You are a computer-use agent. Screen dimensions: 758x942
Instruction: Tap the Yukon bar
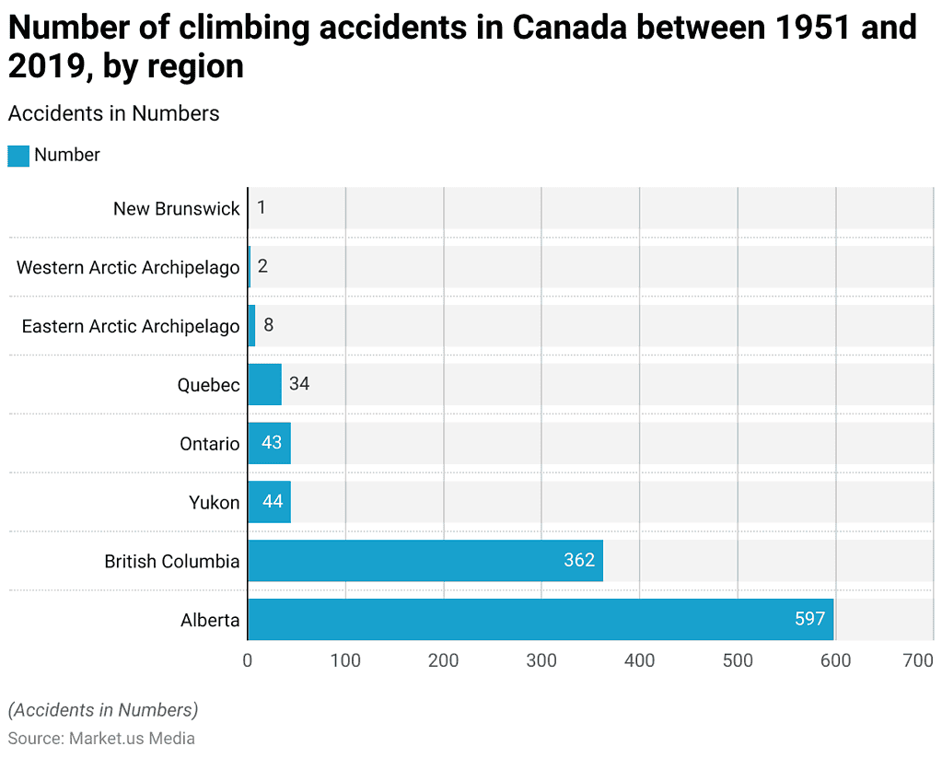(269, 502)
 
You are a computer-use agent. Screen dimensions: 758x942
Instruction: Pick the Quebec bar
(264, 384)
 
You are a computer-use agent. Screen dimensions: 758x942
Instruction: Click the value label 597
(809, 620)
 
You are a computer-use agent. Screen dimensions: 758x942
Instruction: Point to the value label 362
(579, 561)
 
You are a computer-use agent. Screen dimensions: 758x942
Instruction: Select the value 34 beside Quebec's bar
(299, 384)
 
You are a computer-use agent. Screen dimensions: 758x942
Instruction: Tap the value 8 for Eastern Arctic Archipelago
(268, 325)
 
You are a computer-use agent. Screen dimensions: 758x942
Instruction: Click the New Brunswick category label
(176, 208)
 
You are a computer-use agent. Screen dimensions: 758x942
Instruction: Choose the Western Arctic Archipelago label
(128, 267)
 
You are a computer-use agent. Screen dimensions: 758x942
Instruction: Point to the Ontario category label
(209, 444)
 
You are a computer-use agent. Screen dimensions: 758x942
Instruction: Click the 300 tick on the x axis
(541, 660)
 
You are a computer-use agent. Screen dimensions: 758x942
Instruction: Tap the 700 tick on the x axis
(918, 660)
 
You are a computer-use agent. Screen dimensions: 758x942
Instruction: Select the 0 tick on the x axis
(248, 660)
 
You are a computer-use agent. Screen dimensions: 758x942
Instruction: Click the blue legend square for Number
(18, 156)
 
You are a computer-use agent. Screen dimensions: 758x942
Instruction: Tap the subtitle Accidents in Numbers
(113, 113)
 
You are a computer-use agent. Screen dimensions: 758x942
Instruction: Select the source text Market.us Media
(132, 738)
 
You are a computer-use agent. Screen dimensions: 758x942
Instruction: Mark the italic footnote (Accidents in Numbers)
(103, 710)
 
